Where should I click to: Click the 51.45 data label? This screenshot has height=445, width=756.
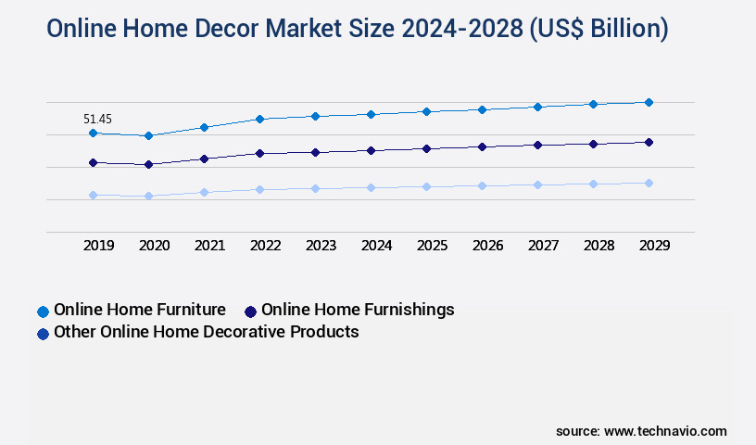(97, 119)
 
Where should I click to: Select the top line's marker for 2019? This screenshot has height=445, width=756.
(93, 133)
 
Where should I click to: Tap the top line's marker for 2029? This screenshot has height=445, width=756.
(649, 102)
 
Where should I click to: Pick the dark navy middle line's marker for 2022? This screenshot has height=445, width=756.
(259, 153)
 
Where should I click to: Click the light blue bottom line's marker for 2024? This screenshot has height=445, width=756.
(371, 187)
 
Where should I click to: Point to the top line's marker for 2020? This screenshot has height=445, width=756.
(148, 136)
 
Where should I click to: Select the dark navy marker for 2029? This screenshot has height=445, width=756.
(649, 142)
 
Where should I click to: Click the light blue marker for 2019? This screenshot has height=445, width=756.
(93, 195)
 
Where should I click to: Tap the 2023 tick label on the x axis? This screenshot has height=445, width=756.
(321, 246)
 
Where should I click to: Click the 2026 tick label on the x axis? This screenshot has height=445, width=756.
(487, 246)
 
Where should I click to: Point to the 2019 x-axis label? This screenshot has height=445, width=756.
(98, 246)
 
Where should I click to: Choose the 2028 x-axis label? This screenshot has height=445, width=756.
(598, 246)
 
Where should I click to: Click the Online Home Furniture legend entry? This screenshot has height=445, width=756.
(139, 310)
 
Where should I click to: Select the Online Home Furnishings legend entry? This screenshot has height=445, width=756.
(357, 310)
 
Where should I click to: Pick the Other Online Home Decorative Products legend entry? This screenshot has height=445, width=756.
(206, 332)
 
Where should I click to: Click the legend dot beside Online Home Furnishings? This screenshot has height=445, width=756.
(250, 311)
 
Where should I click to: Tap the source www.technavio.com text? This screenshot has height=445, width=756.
(641, 431)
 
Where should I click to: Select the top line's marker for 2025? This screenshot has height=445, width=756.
(426, 111)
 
